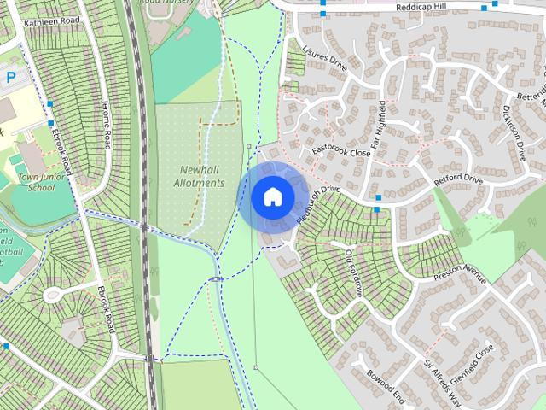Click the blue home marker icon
point(273,197)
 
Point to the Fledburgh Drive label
point(319,204)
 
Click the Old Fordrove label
point(353,273)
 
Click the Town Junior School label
point(34,182)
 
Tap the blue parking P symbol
point(11,77)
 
